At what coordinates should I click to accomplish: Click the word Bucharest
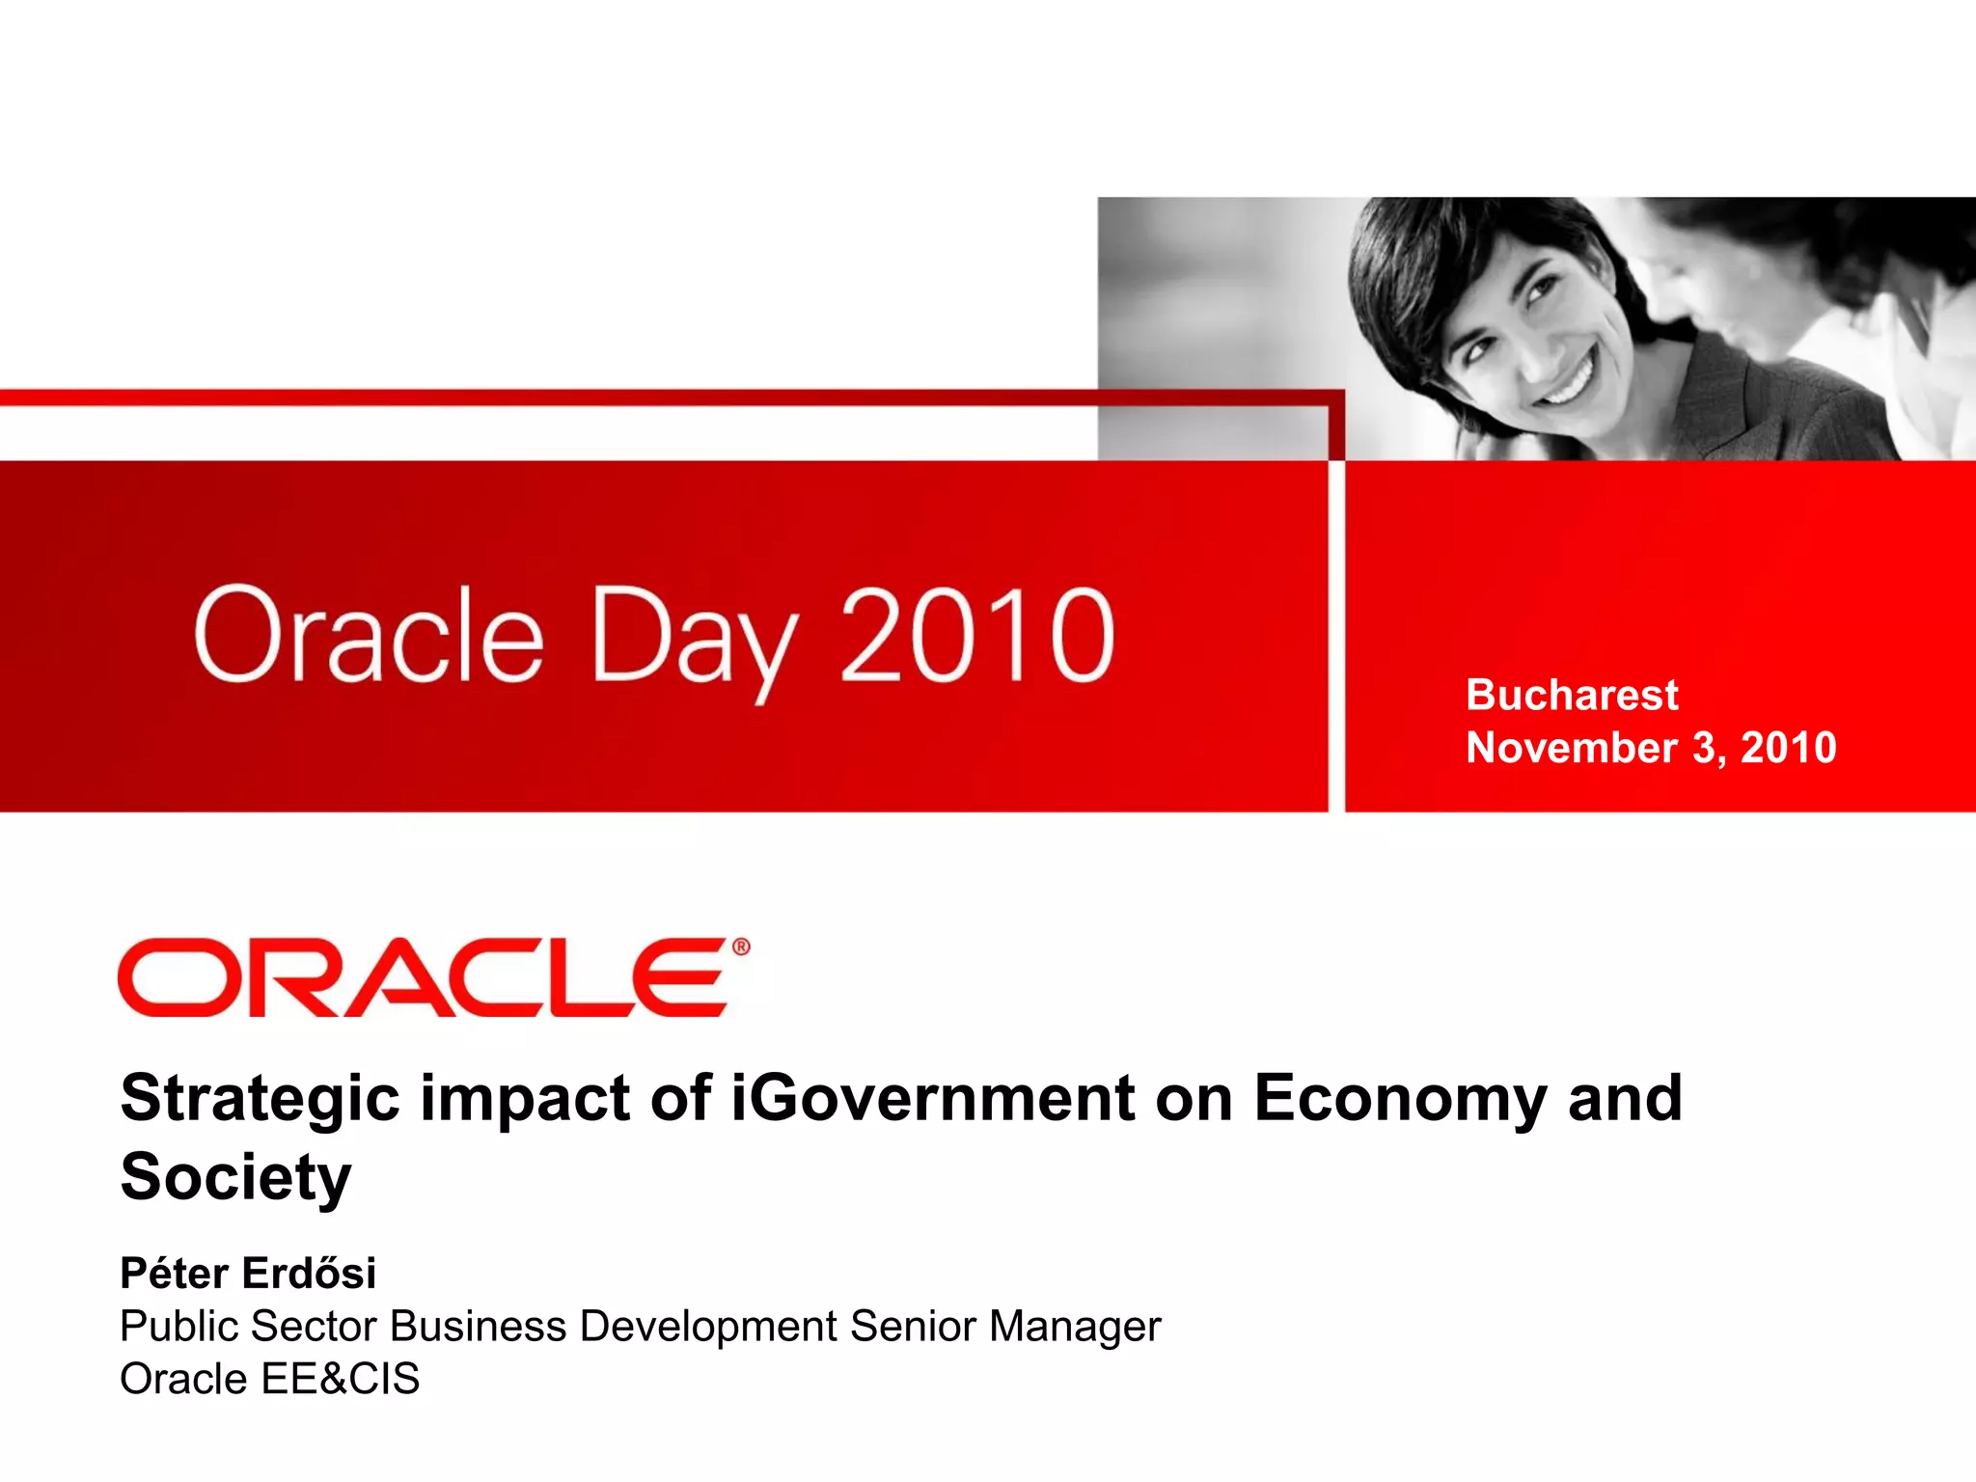point(1572,695)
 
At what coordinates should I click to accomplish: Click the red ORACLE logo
point(423,977)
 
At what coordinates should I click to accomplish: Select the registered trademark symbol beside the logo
point(741,947)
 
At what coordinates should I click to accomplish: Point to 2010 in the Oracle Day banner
point(976,637)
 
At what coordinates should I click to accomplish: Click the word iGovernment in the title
point(932,1098)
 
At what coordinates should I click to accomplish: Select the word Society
point(235,1177)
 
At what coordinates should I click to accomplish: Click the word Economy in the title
point(1400,1100)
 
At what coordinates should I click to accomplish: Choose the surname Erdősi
point(309,1274)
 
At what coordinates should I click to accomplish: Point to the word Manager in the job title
point(1075,1327)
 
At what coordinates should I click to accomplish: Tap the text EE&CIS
point(340,1379)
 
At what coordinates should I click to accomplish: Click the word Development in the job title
point(708,1327)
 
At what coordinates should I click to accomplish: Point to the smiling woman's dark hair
point(1428,261)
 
